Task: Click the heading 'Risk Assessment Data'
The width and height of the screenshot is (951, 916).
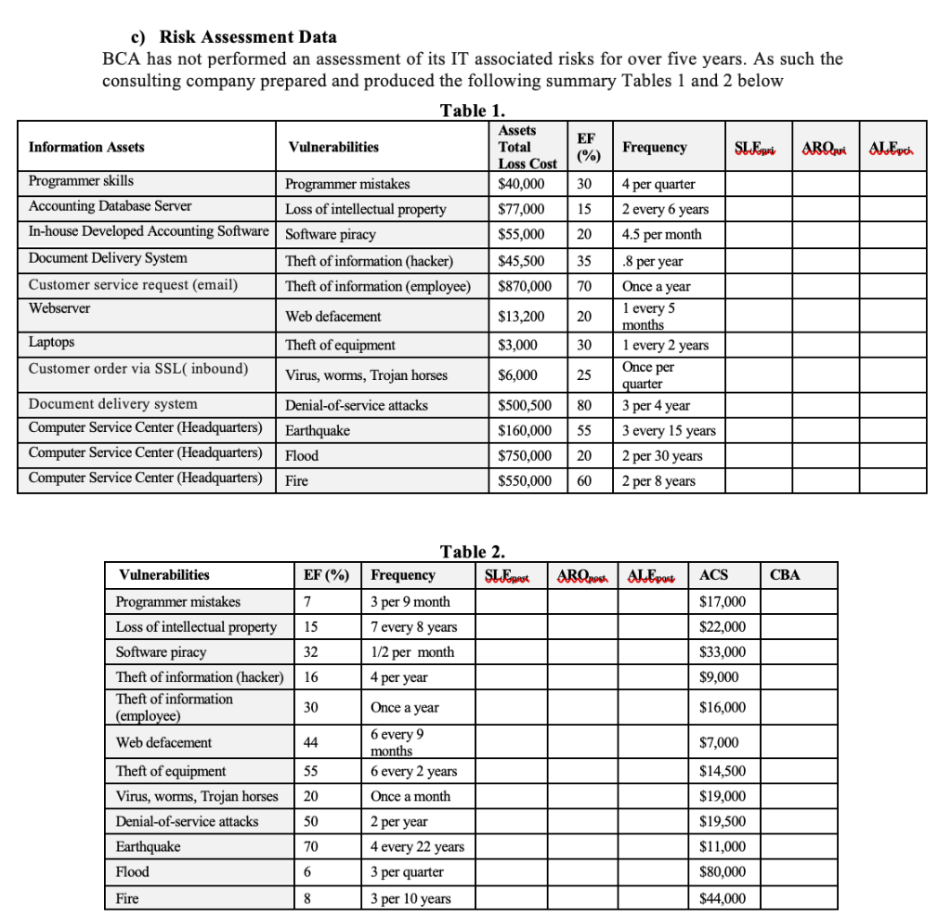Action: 248,37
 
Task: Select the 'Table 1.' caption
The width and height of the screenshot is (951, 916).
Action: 472,111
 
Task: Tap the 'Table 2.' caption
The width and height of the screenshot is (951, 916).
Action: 472,552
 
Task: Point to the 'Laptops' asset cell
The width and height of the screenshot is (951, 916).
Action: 52,342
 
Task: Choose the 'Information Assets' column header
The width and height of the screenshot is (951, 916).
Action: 86,147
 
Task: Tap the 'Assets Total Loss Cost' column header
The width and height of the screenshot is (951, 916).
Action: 527,147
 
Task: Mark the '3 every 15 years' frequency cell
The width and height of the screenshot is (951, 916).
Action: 669,430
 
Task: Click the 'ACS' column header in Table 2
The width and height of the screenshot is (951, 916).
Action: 714,575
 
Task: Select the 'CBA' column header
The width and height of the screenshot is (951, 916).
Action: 785,575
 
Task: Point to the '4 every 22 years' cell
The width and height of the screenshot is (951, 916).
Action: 417,846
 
